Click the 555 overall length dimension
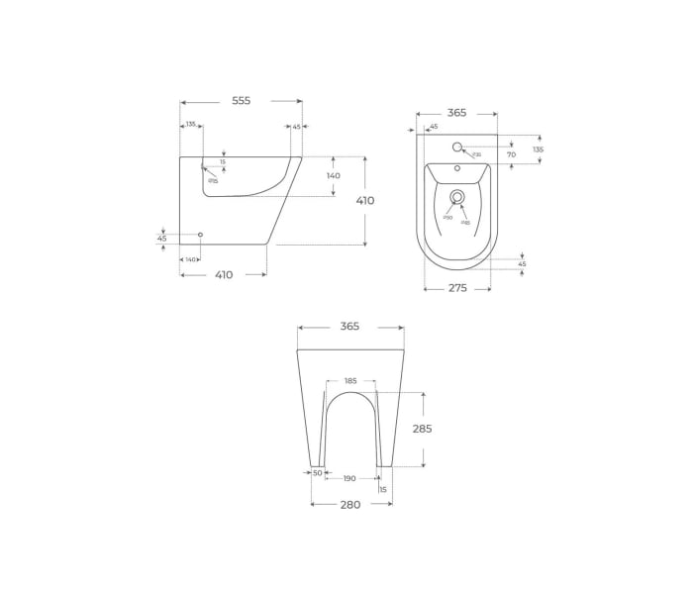pos(241,100)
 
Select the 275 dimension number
pos(456,288)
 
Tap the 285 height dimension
pos(422,429)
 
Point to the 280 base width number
pos(350,504)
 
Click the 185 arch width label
pos(350,381)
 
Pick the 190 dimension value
pos(349,478)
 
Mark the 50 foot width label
pos(318,473)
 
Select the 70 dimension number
pos(512,154)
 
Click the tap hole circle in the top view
pos(457,148)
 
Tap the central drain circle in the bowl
pos(457,197)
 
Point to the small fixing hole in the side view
pos(201,235)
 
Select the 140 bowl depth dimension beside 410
pos(333,175)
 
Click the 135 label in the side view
pos(190,125)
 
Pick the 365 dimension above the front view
pos(349,326)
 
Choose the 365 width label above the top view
pos(456,113)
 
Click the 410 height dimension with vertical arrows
pos(365,200)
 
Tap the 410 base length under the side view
pos(224,274)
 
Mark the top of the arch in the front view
pos(350,392)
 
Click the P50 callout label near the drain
pos(447,218)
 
